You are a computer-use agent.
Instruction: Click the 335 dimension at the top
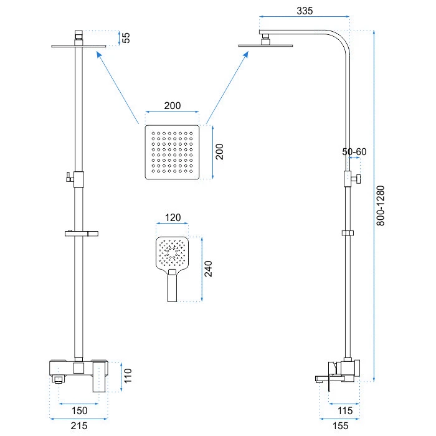coord(305,11)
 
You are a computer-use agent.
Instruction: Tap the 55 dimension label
coord(126,37)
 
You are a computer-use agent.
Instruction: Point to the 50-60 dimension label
coord(354,152)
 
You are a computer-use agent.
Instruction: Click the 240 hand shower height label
coord(209,268)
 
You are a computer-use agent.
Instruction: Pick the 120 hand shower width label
coord(173,218)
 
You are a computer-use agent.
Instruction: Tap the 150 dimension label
coord(78,410)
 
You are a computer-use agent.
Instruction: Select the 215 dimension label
coord(78,426)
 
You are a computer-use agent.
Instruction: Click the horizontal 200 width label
coord(173,106)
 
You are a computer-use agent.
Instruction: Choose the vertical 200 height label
coord(219,151)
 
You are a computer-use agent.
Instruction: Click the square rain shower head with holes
coord(173,152)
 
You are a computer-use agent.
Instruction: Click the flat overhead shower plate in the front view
coord(77,45)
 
